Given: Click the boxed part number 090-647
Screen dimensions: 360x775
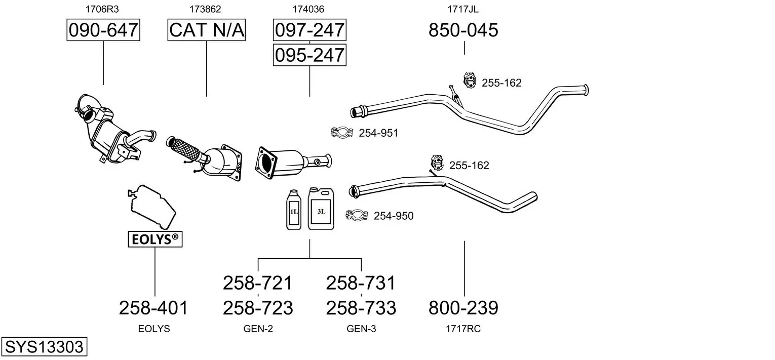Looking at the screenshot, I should tap(103, 30).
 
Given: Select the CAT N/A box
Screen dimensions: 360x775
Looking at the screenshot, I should tap(207, 30).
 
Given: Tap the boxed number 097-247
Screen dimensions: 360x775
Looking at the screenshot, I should tap(309, 30).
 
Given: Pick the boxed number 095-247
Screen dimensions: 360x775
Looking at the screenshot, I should tap(309, 55).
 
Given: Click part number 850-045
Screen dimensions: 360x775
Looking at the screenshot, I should tap(463, 30).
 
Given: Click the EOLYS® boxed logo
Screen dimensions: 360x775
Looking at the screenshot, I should tap(155, 239).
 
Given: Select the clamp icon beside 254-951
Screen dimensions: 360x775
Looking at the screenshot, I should tap(341, 133).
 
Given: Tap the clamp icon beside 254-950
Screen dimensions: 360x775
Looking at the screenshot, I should tap(357, 216).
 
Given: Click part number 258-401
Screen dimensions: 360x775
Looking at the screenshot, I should tap(153, 308).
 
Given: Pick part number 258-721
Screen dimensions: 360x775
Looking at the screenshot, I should tap(258, 283).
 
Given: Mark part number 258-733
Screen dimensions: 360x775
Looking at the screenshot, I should tap(361, 308).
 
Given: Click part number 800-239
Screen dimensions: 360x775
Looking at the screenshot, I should tap(463, 308).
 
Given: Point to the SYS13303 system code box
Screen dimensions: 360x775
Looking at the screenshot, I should tap(44, 347).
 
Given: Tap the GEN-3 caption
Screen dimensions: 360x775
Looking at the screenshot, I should tap(361, 329).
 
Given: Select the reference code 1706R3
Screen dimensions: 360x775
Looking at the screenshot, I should tap(98, 9).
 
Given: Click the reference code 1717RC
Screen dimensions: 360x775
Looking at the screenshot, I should tap(463, 329).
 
